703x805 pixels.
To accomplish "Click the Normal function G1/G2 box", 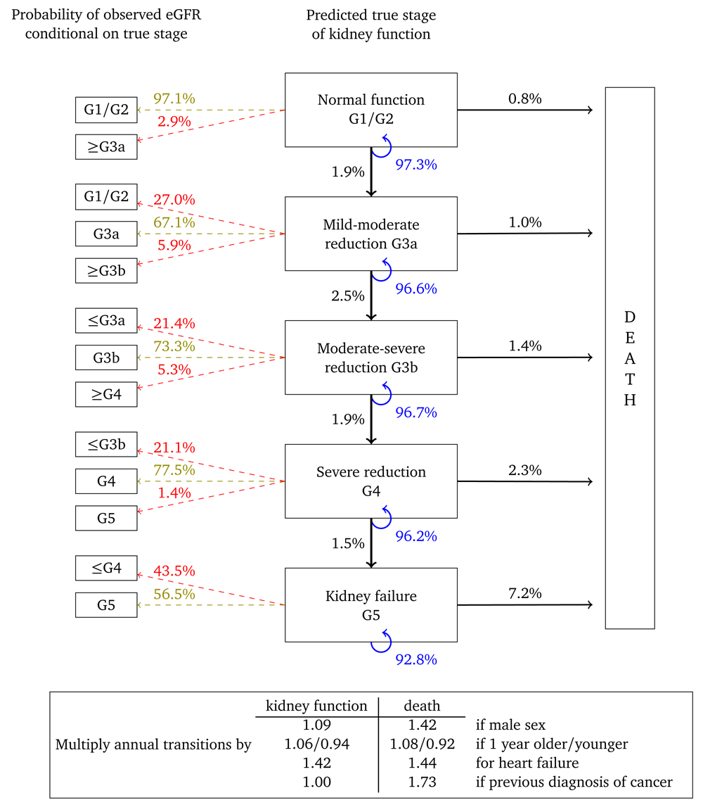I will [370, 110].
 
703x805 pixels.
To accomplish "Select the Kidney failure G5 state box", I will [370, 605].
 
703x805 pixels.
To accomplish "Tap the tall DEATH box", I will [630, 357].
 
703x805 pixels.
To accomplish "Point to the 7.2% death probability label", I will [524, 593].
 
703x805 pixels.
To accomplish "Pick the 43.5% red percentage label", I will [174, 570].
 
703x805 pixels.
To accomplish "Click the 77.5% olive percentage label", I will [174, 470].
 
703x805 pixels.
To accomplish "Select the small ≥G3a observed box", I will [106, 147].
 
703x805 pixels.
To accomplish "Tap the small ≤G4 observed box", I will [106, 569].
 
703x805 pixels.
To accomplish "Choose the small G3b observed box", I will [106, 357].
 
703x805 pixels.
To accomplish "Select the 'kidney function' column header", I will [316, 706].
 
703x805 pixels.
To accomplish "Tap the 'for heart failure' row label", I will [521, 763].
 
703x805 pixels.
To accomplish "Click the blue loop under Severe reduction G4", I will [381, 517].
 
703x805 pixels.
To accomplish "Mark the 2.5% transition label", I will [348, 296].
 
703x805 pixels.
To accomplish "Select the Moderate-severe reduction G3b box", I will [370, 357].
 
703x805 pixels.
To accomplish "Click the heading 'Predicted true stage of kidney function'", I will [370, 25].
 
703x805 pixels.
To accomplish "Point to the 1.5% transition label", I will [348, 544].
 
